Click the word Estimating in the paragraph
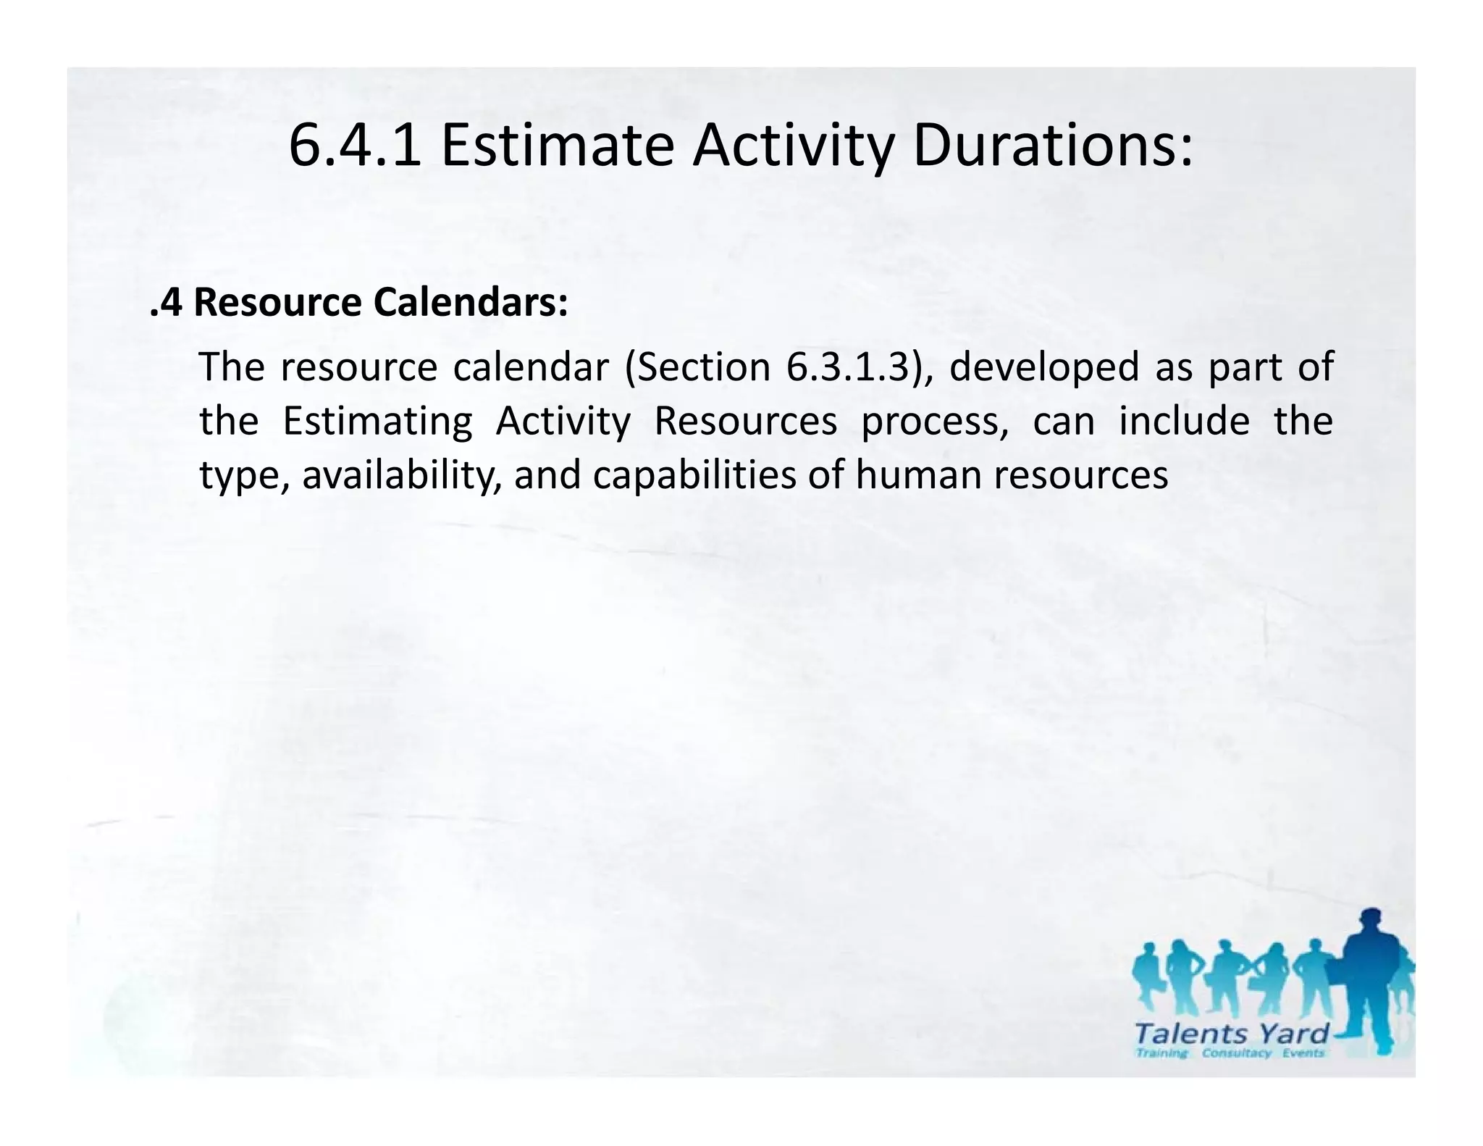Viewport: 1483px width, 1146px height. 377,422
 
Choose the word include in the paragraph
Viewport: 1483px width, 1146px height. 1184,422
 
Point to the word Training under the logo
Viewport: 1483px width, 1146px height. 1162,1053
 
